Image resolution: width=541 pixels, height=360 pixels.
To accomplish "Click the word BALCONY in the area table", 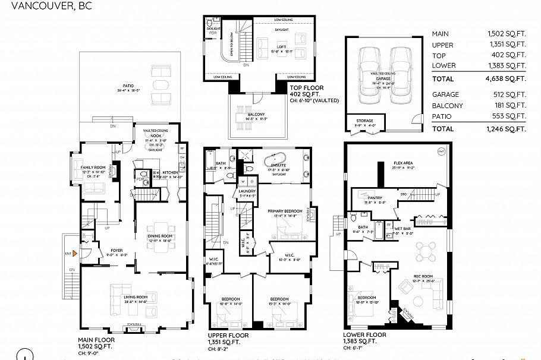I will (445, 106).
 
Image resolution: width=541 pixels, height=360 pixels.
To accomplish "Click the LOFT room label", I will (282, 46).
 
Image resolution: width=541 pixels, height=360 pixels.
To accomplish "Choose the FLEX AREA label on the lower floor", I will (403, 163).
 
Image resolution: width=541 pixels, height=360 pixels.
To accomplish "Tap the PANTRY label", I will (375, 198).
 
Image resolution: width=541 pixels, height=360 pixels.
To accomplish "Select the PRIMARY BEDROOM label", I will (282, 211).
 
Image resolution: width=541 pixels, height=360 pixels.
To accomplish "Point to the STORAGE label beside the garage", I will (365, 121).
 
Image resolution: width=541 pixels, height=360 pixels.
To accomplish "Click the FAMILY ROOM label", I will (93, 168).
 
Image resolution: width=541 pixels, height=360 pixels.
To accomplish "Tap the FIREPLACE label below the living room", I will (131, 324).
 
